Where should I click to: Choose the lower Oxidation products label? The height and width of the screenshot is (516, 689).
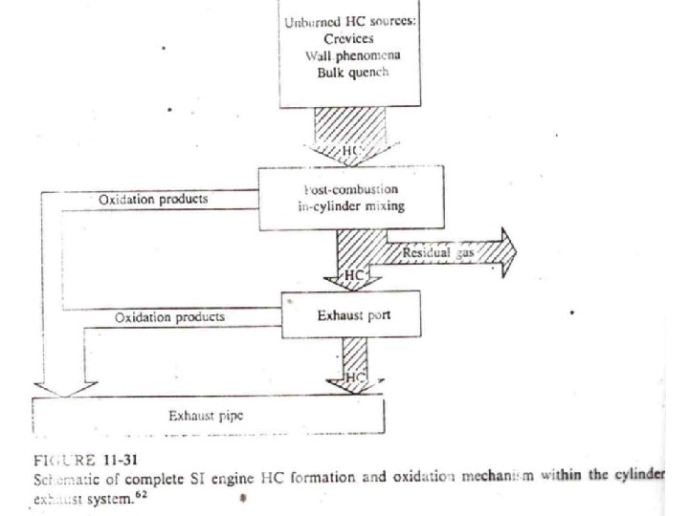[170, 316]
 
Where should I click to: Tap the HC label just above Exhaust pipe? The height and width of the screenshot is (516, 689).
[354, 378]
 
